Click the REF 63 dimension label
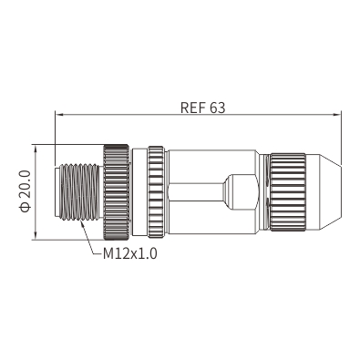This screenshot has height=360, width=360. [x=202, y=108]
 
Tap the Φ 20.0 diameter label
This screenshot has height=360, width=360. [x=26, y=190]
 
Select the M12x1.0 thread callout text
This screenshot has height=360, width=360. [x=130, y=253]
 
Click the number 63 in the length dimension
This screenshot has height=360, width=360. [x=218, y=108]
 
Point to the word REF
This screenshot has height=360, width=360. [x=192, y=108]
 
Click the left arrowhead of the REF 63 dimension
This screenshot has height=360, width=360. [x=58, y=115]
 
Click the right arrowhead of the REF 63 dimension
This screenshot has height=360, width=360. [x=337, y=115]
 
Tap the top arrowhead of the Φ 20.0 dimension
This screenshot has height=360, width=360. [x=36, y=149]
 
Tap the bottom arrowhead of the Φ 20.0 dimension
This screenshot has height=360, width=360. [x=36, y=236]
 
